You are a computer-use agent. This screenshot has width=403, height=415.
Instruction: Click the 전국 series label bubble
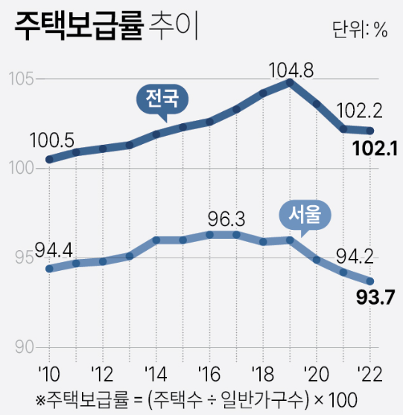pos(162,99)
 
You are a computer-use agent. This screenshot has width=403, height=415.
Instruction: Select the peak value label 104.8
pos(291,69)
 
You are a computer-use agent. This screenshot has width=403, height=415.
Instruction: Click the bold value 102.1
pos(375,151)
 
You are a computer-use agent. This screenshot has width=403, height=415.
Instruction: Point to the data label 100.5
pos(51,140)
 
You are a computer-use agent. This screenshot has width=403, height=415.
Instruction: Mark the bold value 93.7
pos(376,302)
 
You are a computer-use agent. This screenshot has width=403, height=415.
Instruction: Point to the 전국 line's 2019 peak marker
pos(289,82)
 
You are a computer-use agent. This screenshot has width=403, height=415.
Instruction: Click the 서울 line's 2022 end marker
pos(369,281)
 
